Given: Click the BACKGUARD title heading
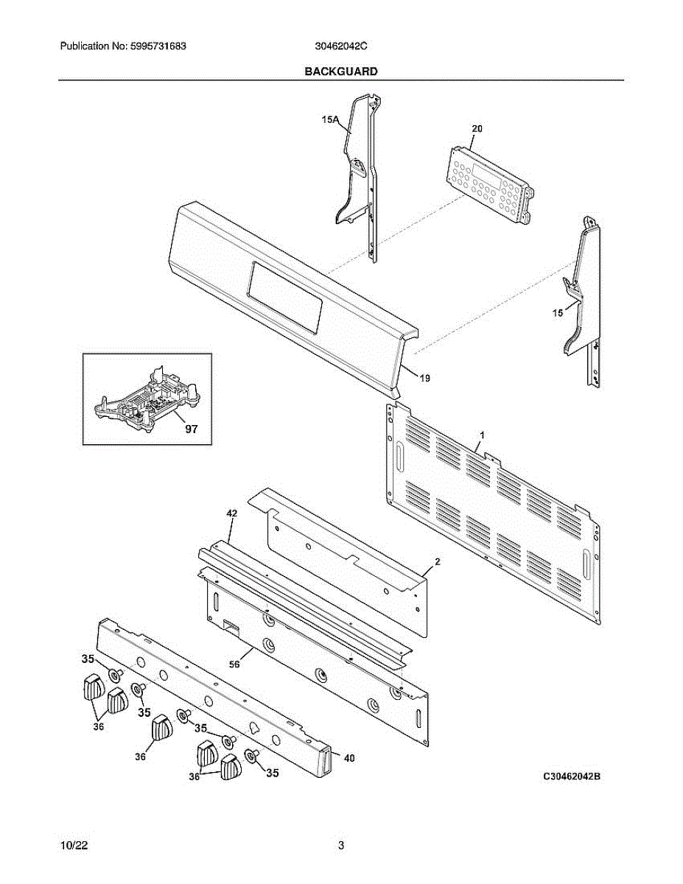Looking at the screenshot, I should coord(341,71).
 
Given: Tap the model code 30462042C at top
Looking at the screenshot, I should coord(341,46).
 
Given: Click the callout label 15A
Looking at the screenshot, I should coord(329,119).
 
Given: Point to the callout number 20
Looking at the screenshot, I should coord(477,128).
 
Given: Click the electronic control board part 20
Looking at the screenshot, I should coord(488,180).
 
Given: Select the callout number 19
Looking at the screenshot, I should coord(425,378).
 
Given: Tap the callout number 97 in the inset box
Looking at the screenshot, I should coord(191,429).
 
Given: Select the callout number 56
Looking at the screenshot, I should coord(234,663).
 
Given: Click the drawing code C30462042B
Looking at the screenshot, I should coord(572,776).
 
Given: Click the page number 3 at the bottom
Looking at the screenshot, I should coord(341,846).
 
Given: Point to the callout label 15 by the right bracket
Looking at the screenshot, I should coord(558,312).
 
